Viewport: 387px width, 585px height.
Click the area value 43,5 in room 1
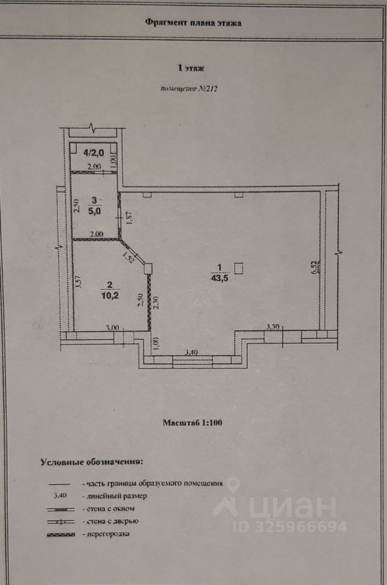(x=217, y=278)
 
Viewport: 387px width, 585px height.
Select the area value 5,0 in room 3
(x=95, y=211)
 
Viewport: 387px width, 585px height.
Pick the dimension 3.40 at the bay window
(x=191, y=352)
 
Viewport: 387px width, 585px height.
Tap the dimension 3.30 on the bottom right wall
(x=273, y=327)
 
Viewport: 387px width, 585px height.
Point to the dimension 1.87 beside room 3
(x=128, y=217)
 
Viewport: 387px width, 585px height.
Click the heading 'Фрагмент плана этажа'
(x=193, y=23)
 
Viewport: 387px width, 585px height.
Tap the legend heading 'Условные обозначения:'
(x=92, y=461)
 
